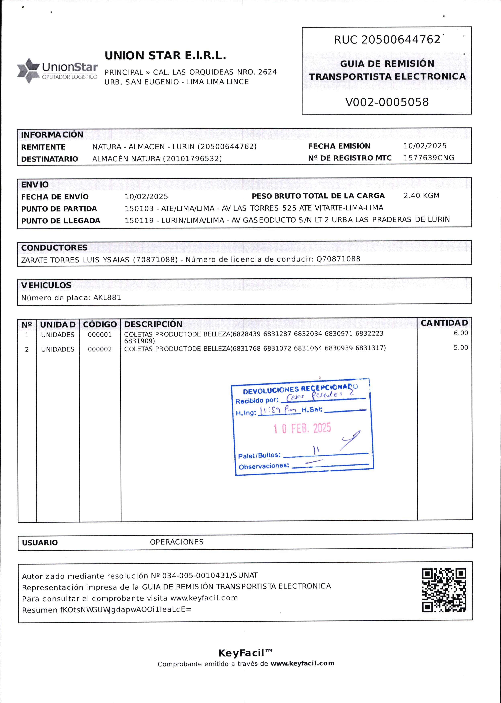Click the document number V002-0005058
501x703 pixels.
click(387, 102)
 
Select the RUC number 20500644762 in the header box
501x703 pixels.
click(400, 40)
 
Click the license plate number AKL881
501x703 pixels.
click(107, 298)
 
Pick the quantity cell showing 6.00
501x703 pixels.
click(461, 333)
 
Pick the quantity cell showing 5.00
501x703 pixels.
click(461, 348)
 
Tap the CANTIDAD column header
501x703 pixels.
click(444, 323)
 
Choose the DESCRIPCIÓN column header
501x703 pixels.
click(153, 324)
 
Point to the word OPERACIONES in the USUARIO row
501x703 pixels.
click(176, 542)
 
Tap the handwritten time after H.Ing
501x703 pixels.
click(279, 411)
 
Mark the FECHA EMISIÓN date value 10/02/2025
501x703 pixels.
click(425, 146)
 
